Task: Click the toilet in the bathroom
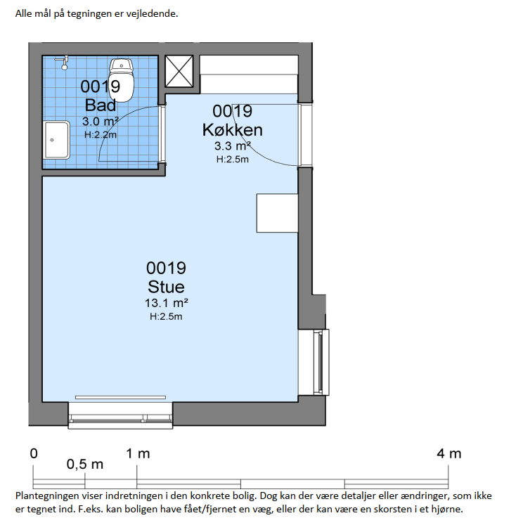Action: click(122, 80)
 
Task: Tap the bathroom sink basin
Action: click(56, 140)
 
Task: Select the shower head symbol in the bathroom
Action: click(63, 63)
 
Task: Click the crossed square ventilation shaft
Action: click(179, 72)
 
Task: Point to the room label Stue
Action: click(166, 287)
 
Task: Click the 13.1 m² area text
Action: click(166, 303)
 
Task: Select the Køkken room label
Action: click(233, 130)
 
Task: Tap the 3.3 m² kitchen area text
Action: click(233, 145)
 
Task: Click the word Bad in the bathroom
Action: click(101, 105)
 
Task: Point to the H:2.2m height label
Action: click(101, 135)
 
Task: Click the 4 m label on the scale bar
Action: click(449, 453)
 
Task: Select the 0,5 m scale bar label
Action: click(85, 465)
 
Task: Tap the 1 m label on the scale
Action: click(138, 453)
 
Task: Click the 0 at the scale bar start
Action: click(34, 453)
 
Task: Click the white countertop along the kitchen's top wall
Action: click(249, 75)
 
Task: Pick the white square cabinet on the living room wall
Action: click(277, 213)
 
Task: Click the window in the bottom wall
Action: click(120, 415)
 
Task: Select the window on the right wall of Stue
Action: click(321, 362)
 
